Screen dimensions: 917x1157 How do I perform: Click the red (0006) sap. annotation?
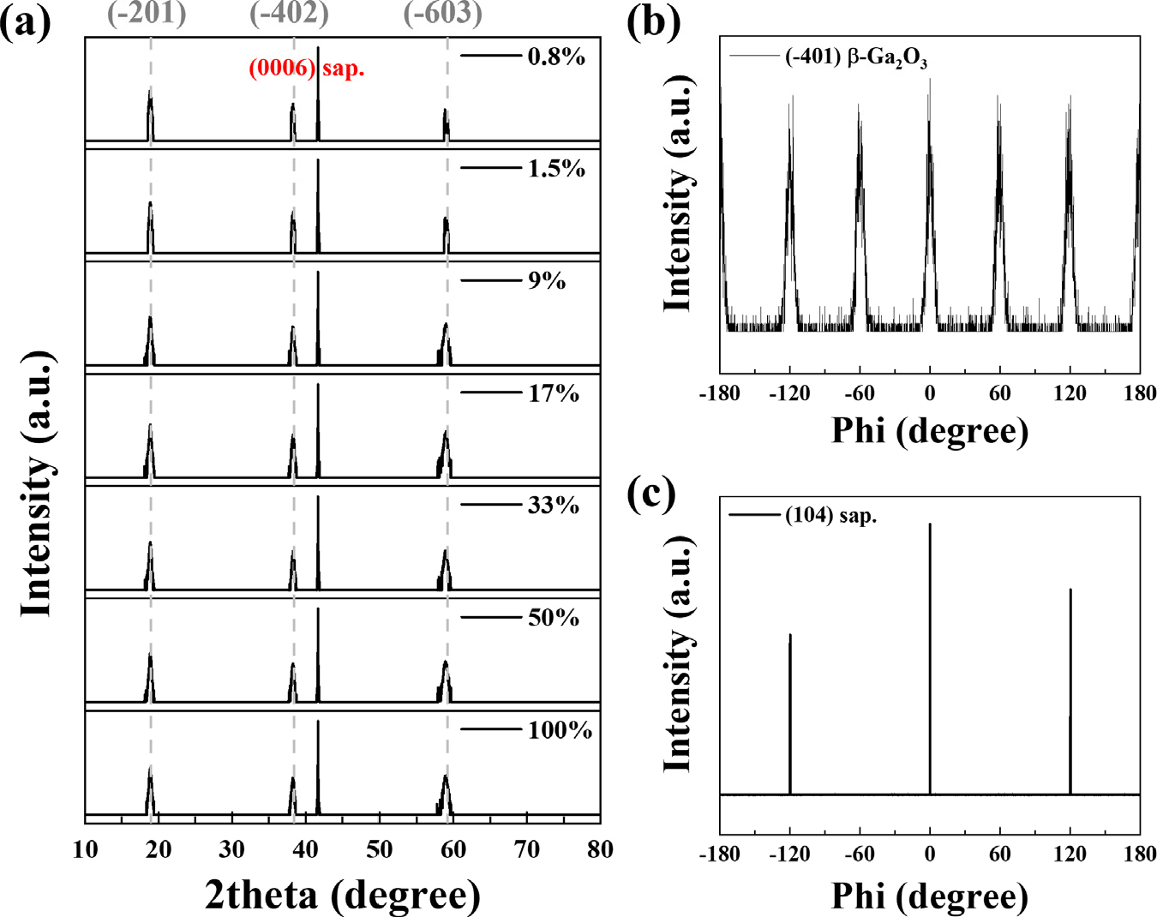(x=306, y=69)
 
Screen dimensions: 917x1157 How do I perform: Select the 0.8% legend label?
(x=556, y=57)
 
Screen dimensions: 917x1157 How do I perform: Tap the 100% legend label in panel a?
(x=560, y=730)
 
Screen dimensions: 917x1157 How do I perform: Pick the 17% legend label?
(x=554, y=393)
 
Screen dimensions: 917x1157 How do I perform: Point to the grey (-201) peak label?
(x=147, y=13)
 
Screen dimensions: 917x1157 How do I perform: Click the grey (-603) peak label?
(x=442, y=13)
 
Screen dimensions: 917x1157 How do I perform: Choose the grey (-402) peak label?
(x=289, y=13)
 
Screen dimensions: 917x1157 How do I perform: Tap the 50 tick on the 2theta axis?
(x=379, y=849)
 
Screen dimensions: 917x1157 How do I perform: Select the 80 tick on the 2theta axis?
(x=600, y=849)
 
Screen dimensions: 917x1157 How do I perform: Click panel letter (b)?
(x=653, y=22)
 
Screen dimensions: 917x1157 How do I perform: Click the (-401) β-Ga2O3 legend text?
(x=855, y=58)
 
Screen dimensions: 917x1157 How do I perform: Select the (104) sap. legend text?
(x=830, y=516)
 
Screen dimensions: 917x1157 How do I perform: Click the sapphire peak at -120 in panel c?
(x=789, y=636)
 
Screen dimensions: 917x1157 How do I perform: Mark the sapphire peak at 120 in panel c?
(x=1070, y=590)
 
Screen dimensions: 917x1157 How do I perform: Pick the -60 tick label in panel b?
(x=859, y=393)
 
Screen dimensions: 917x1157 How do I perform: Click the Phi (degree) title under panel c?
(x=930, y=896)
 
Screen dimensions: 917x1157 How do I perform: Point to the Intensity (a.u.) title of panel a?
(x=36, y=484)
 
